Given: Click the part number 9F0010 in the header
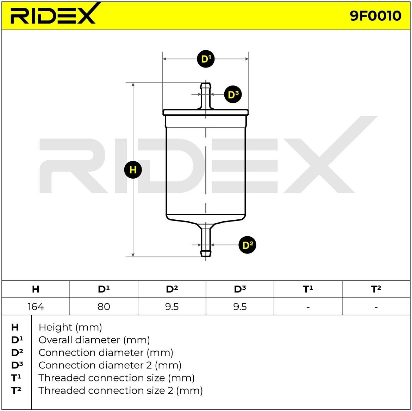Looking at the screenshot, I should (375, 16).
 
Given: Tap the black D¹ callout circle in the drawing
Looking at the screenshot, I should (206, 59).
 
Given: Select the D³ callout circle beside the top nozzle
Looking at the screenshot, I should (233, 94).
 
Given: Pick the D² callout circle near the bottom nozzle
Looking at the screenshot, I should (247, 245).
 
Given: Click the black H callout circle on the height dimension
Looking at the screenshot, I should (133, 170).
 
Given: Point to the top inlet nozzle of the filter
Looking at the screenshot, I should (205, 96).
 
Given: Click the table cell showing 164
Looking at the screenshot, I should (36, 307).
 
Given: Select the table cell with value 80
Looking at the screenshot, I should (104, 307).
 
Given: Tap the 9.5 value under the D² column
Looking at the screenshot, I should (172, 307).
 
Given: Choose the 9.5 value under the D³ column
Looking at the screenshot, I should (240, 307).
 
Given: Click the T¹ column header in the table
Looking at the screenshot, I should (308, 289).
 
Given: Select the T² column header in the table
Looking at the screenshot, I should (376, 289).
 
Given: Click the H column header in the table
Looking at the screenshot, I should (36, 289).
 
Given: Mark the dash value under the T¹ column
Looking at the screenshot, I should (308, 307).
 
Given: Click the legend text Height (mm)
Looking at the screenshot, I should (70, 327).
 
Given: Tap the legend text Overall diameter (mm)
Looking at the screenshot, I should (94, 340).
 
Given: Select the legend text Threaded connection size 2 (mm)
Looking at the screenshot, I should (120, 391).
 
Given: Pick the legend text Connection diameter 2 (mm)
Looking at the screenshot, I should (110, 365).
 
